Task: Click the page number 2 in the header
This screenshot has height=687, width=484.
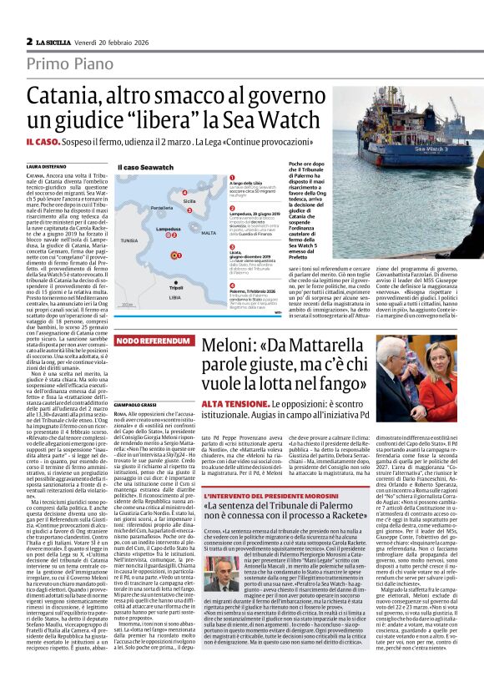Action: (30, 41)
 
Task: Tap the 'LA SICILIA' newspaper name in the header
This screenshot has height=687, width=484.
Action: (53, 41)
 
